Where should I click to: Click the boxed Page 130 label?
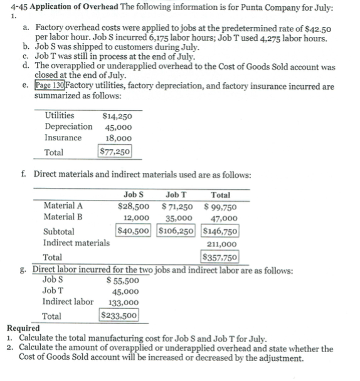(50, 86)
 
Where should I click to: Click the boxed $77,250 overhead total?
(115, 152)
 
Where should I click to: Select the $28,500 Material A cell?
(134, 206)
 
